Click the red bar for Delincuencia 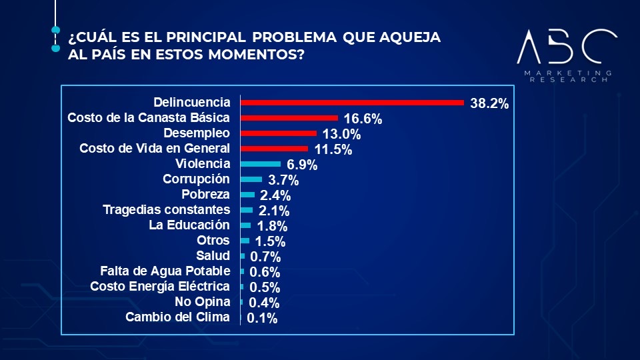(352, 103)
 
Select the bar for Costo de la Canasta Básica (289, 118)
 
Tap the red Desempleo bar (278, 133)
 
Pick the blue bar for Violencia (260, 164)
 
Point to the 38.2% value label (489, 104)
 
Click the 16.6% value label (362, 120)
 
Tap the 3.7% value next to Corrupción (283, 181)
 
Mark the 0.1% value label (262, 319)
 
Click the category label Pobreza (205, 195)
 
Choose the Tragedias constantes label (166, 210)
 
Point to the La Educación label (189, 225)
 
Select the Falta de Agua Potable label (165, 271)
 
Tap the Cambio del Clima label (177, 317)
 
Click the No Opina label (203, 302)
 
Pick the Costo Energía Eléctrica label (160, 287)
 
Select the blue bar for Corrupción (251, 179)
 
